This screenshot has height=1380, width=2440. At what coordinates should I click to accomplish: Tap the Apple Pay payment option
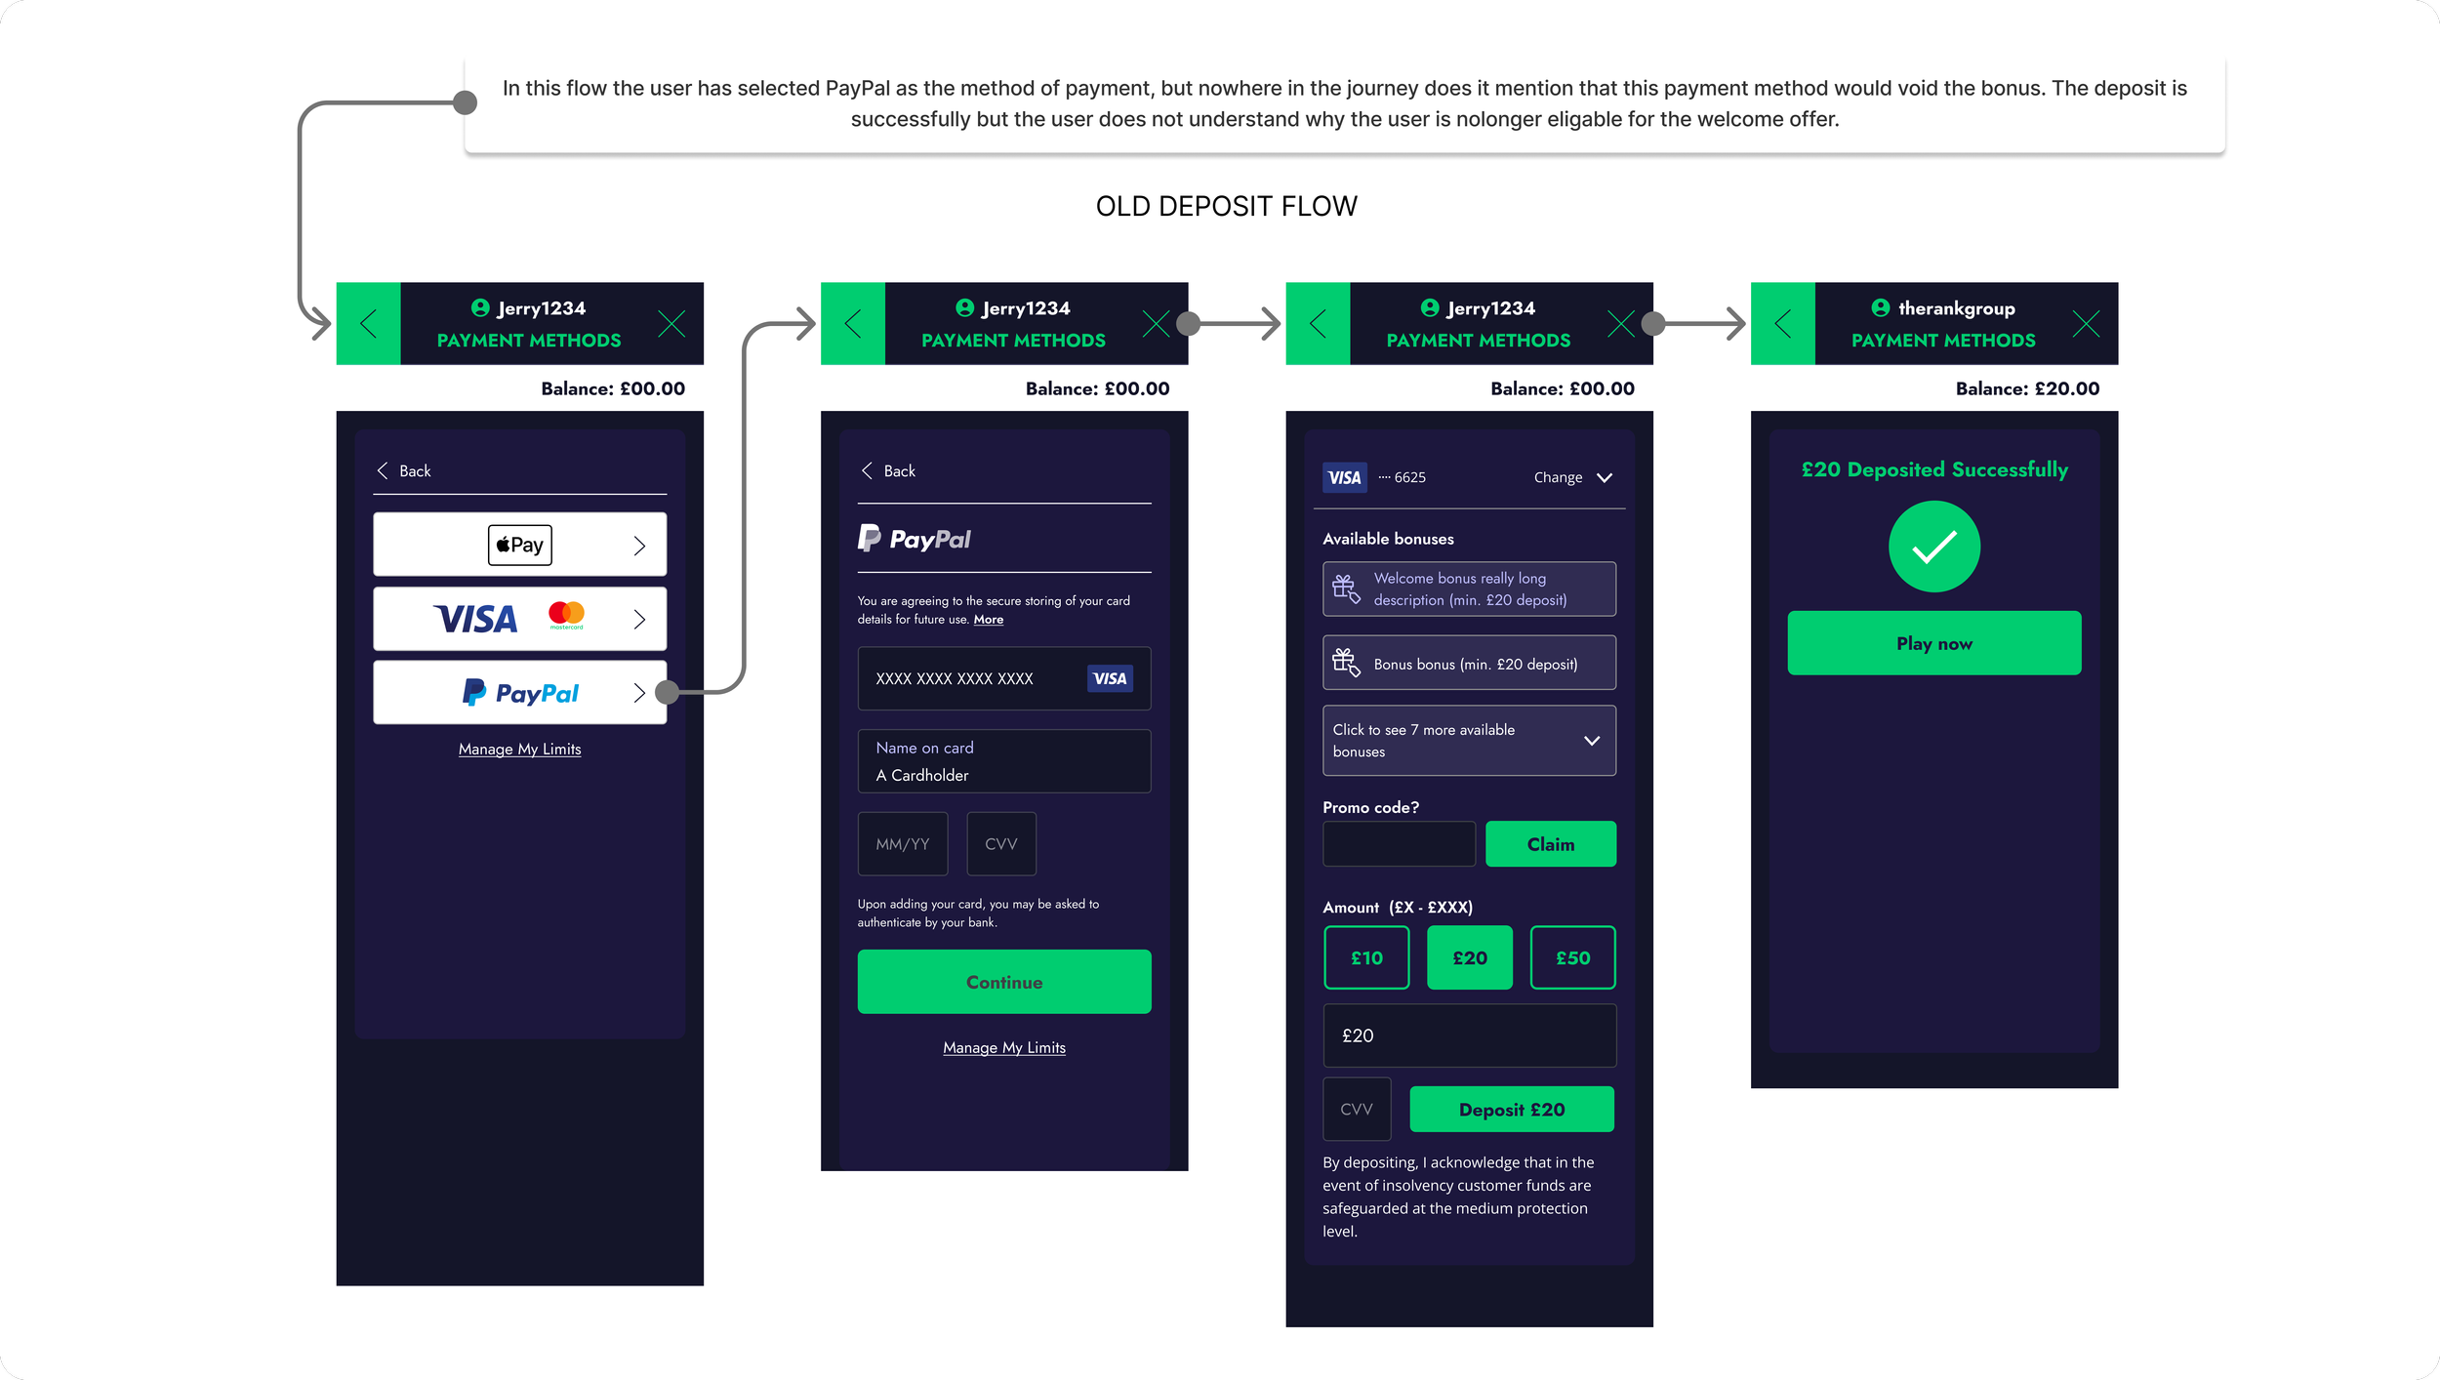tap(519, 545)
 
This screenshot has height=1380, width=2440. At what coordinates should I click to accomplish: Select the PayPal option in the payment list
tap(519, 693)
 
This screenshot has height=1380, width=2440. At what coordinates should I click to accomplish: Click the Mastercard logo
tap(566, 615)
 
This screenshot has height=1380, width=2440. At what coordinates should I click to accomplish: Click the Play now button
tap(1933, 643)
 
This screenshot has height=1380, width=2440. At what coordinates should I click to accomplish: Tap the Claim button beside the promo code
tap(1550, 844)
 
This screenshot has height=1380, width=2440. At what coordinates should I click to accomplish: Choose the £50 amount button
tap(1572, 957)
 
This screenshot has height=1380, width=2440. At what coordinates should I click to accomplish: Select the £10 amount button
tap(1366, 957)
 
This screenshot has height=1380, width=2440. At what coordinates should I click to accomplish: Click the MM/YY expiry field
tap(903, 844)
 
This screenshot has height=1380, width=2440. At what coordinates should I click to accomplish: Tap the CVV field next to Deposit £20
tap(1357, 1109)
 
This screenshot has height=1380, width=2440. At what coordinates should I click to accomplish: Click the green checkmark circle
tap(1933, 547)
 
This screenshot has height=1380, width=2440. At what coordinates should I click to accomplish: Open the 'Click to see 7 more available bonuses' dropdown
tap(1469, 741)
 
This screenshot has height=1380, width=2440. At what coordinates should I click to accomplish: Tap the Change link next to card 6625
tap(1571, 477)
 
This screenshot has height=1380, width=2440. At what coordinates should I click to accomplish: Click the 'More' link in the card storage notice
tap(988, 620)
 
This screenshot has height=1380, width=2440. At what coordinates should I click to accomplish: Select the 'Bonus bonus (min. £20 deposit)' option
tap(1469, 664)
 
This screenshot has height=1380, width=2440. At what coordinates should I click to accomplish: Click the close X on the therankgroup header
tap(2086, 324)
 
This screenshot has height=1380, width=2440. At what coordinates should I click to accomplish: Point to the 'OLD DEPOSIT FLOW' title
tap(1226, 206)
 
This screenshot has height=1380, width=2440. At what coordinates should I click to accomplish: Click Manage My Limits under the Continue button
tap(1004, 1047)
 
